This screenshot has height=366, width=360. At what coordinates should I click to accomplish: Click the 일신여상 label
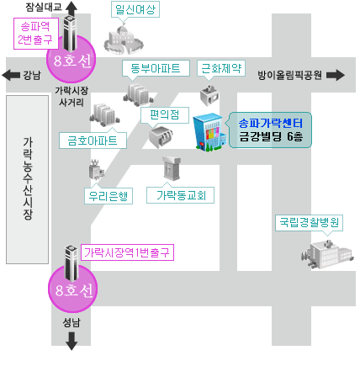click(135, 9)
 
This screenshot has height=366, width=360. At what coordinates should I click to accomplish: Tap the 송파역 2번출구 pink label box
click(36, 34)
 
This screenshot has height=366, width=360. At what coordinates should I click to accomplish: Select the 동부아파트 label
click(156, 68)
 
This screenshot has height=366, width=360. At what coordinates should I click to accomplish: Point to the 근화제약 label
click(221, 68)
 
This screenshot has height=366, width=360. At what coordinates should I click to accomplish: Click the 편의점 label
click(165, 114)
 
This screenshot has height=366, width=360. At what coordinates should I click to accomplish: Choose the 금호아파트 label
click(93, 141)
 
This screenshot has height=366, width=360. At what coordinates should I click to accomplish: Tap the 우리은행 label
click(109, 196)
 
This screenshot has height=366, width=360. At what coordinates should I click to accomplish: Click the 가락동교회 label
click(180, 195)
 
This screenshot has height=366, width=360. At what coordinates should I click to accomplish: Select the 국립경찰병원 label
click(309, 223)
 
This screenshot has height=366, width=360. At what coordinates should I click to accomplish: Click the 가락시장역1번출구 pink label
click(127, 252)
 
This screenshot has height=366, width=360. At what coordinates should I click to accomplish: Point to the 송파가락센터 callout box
click(270, 130)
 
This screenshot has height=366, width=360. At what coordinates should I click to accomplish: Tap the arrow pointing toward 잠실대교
click(71, 9)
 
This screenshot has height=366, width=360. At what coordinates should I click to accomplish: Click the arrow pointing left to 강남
click(11, 75)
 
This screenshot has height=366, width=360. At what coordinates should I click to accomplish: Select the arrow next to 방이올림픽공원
click(336, 75)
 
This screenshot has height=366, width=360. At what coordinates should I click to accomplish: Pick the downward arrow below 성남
click(71, 342)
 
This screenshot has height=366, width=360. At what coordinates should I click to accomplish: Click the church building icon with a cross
click(172, 167)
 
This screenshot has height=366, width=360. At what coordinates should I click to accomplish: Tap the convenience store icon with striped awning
click(161, 137)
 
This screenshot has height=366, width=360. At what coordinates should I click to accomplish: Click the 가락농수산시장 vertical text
click(28, 178)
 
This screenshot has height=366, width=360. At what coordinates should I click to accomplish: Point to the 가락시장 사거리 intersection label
click(71, 96)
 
